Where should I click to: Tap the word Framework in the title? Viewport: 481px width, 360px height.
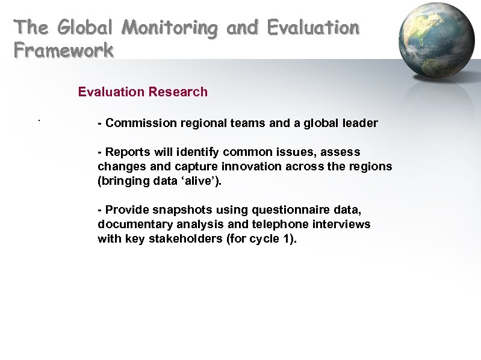point(64,50)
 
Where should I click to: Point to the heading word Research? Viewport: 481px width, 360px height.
point(178,92)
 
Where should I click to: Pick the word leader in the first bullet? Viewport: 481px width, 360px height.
point(359,123)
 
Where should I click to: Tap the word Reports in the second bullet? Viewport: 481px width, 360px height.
point(126,152)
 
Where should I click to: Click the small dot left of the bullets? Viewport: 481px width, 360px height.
point(38,121)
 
